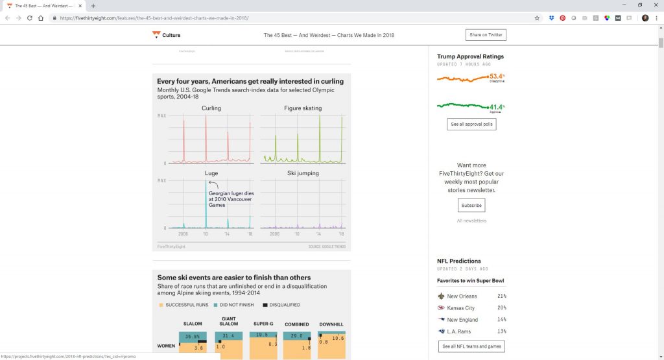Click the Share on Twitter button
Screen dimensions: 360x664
[486, 35]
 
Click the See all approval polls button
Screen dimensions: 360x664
[471, 124]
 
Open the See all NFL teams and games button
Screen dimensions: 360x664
[471, 346]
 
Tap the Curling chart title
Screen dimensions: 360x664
[211, 108]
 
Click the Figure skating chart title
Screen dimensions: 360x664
[302, 108]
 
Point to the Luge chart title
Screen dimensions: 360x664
[211, 174]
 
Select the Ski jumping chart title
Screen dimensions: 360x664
[302, 174]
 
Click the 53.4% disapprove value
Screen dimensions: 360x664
[497, 77]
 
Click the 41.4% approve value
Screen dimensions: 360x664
[497, 107]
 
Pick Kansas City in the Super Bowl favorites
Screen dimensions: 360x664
[461, 308]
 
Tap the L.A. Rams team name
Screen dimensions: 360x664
[460, 331]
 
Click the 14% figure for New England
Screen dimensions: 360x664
[501, 320]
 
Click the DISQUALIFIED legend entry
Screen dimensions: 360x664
[284, 305]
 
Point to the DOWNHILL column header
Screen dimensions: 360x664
[331, 324]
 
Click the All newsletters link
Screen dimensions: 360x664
[471, 221]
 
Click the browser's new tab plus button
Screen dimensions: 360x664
[93, 5]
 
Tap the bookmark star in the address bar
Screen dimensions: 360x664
[537, 18]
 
